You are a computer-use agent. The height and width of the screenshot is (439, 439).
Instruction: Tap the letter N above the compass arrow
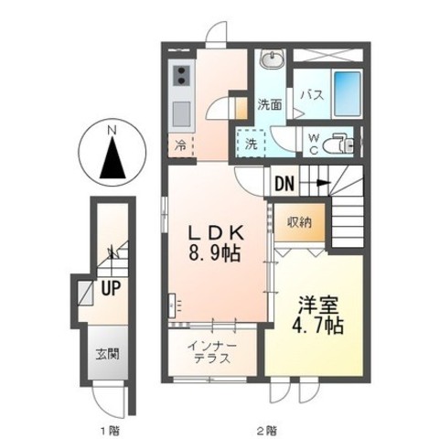point(112,131)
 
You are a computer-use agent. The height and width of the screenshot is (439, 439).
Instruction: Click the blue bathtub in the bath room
point(348,94)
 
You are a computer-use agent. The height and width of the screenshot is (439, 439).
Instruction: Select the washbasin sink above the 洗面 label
point(273,58)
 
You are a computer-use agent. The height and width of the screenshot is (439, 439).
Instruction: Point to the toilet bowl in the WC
point(338,144)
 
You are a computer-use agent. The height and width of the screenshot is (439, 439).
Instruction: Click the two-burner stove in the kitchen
point(181,76)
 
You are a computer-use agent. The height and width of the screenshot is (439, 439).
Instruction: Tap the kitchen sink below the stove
point(181,114)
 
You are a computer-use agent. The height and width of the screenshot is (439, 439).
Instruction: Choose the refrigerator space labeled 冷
point(181,146)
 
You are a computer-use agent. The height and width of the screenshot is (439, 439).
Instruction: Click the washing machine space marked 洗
point(251,144)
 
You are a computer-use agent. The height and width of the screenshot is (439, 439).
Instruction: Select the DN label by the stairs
point(284,184)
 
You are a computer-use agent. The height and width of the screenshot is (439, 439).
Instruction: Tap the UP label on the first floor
point(111,288)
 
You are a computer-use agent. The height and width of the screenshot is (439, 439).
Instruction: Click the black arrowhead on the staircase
point(324,183)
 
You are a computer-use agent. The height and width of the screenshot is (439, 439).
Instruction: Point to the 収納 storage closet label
point(300,221)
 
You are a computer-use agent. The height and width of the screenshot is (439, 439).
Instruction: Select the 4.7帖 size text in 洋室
point(318,325)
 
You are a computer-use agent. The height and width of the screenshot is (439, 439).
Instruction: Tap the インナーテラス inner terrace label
point(212,352)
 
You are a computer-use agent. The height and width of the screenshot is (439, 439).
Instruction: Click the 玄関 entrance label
point(108,354)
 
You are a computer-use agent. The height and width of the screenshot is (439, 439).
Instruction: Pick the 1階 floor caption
point(111,431)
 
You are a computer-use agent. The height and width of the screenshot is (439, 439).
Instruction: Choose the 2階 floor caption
point(267,431)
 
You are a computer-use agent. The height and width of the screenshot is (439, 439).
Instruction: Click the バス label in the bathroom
point(312,95)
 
